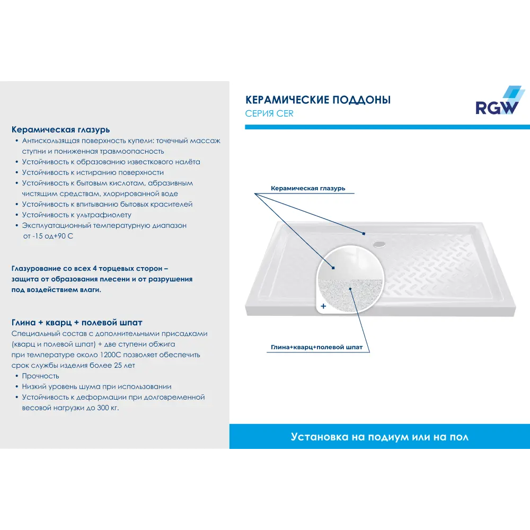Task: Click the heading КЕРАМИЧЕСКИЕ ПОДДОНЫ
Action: click(317, 100)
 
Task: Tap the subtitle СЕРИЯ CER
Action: click(269, 113)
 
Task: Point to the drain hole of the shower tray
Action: click(379, 243)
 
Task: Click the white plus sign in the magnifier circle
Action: click(323, 306)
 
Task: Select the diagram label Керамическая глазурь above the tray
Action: click(308, 188)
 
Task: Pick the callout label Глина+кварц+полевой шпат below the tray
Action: click(317, 347)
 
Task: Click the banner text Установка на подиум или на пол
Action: click(379, 437)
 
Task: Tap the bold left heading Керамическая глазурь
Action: click(60, 130)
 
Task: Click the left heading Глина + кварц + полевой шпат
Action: click(77, 322)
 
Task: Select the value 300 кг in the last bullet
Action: click(108, 408)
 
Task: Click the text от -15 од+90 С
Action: click(48, 236)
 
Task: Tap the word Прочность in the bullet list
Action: click(41, 376)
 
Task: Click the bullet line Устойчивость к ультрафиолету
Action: click(77, 215)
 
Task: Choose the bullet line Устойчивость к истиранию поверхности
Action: click(93, 172)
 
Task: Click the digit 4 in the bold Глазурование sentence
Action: click(95, 268)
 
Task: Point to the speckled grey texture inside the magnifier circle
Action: click(350, 295)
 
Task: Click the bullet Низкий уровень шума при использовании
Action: click(96, 386)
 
